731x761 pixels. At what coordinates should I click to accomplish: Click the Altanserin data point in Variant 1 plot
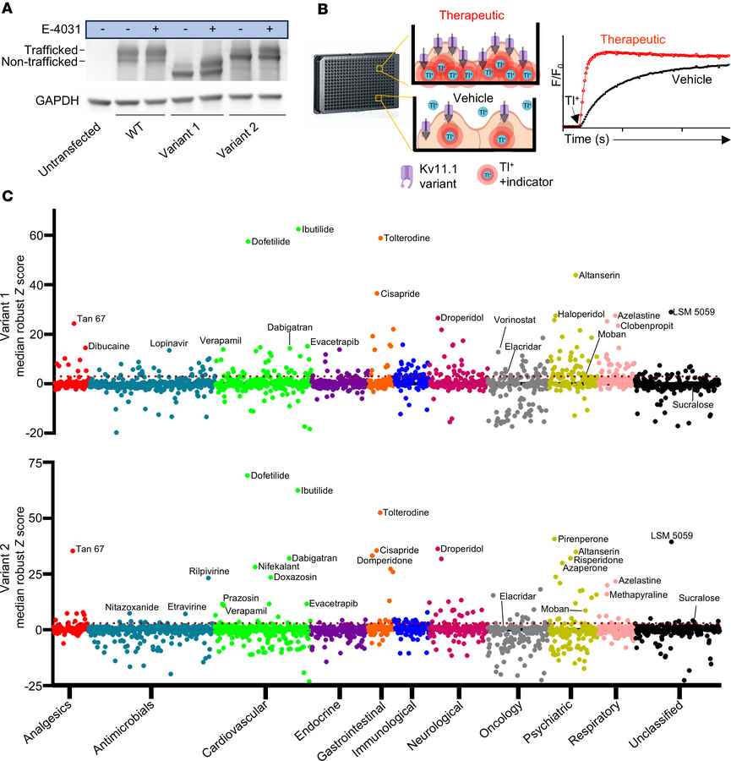tap(576, 275)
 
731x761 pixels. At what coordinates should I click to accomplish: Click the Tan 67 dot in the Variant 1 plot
tap(74, 323)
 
